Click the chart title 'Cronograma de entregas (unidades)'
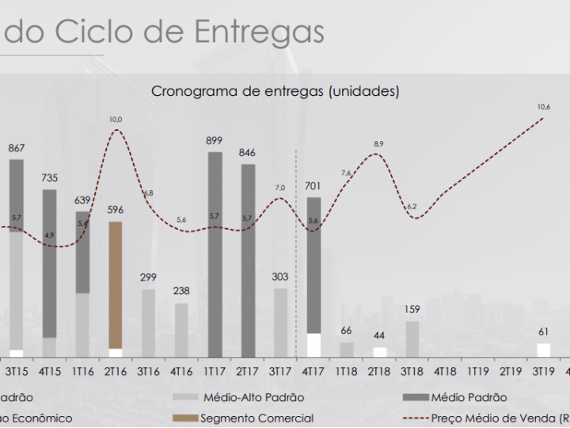pyautogui.click(x=275, y=91)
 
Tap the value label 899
pyautogui.click(x=215, y=141)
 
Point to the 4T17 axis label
pyautogui.click(x=313, y=370)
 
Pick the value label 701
pyautogui.click(x=313, y=187)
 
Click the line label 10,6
pyautogui.click(x=543, y=106)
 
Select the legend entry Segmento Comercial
pyautogui.click(x=256, y=418)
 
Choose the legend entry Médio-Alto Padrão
pyautogui.click(x=253, y=397)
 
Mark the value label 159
pyautogui.click(x=412, y=310)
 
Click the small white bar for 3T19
pyautogui.click(x=543, y=350)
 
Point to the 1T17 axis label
pyautogui.click(x=215, y=370)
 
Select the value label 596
pyautogui.click(x=116, y=210)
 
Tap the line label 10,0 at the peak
pyautogui.click(x=116, y=119)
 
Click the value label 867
pyautogui.click(x=17, y=148)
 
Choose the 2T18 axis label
pyautogui.click(x=380, y=370)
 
